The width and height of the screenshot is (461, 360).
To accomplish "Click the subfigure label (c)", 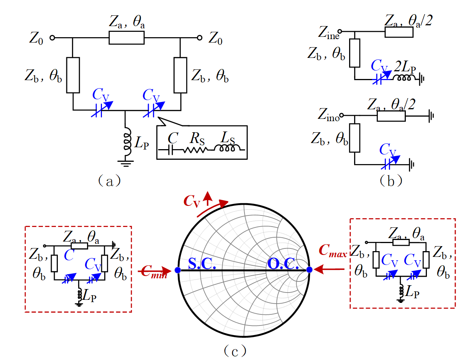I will pyautogui.click(x=235, y=350).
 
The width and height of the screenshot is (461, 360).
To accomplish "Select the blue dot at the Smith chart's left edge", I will pyautogui.click(x=177, y=270).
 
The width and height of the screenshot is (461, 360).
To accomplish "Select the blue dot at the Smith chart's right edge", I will pyautogui.click(x=309, y=270).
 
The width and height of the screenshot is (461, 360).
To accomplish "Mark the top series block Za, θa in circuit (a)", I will pyautogui.click(x=126, y=38).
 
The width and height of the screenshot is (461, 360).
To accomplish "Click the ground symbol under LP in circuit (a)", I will pyautogui.click(x=126, y=163).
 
